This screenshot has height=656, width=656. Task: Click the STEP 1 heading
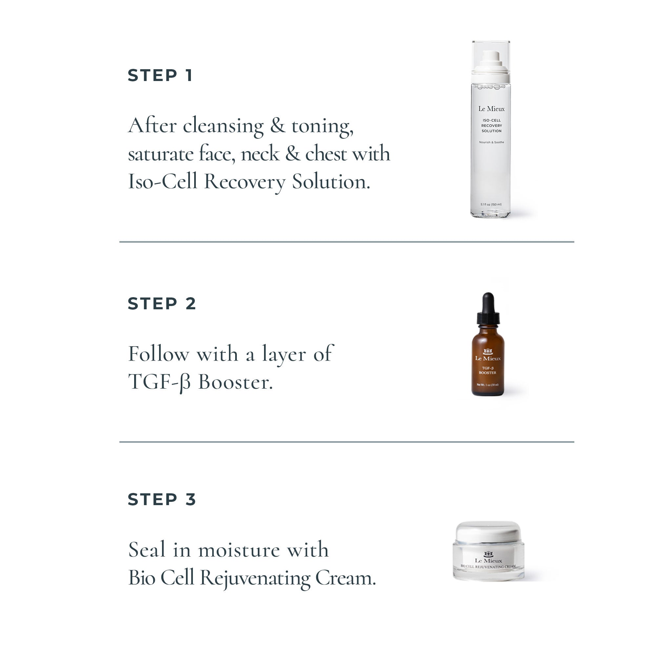[160, 75]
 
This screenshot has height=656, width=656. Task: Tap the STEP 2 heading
[162, 303]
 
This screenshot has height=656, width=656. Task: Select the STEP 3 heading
[162, 500]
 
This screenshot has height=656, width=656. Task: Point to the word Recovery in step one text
[244, 182]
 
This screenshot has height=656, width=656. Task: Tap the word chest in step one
[326, 154]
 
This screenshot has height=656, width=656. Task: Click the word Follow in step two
[158, 355]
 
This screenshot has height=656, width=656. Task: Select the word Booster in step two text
[235, 383]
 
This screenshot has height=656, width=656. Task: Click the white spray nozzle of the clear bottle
[491, 59]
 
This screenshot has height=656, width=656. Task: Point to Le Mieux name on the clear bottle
[491, 109]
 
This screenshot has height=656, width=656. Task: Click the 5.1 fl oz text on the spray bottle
[491, 204]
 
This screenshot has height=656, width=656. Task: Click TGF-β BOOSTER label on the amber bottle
[488, 370]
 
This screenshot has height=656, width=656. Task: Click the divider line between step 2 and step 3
[346, 442]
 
